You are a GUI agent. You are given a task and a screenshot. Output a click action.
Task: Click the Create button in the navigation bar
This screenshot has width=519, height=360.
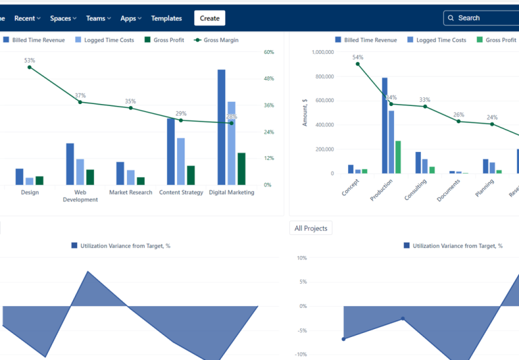pos(209,18)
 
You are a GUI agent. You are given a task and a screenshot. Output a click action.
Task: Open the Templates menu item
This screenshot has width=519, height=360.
pos(166,18)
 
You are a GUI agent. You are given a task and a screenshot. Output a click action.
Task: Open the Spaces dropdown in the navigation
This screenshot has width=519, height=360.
pos(63,18)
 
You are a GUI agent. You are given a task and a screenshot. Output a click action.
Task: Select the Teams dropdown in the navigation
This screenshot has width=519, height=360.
pos(99,18)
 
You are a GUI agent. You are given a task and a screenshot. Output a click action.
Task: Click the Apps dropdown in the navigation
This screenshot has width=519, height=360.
pos(131,18)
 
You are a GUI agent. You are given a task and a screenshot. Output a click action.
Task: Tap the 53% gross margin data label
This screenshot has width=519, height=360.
pos(30,61)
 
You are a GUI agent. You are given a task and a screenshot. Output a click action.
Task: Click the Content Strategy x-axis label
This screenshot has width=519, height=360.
pos(181,192)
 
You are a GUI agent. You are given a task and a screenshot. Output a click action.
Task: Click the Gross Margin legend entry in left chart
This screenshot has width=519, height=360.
pos(216,40)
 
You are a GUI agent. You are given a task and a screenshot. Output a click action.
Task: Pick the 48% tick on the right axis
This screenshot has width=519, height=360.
pos(268,79)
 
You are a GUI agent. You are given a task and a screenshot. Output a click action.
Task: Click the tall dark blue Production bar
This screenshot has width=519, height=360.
pos(385,126)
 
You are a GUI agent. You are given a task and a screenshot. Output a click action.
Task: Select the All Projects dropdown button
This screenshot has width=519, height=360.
pos(311,228)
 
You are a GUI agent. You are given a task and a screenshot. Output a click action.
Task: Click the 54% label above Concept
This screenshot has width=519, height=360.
pos(357,57)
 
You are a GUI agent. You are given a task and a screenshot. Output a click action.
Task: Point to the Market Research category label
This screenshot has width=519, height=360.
pos(130,192)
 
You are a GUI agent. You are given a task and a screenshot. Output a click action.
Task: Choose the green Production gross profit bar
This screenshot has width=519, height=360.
pos(398,157)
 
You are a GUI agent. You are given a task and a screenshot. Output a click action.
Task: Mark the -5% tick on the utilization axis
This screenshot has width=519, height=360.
pos(302,330)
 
